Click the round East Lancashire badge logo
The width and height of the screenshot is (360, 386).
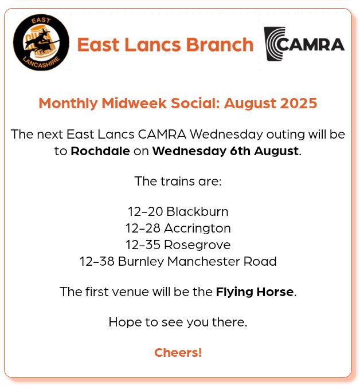click(x=41, y=43)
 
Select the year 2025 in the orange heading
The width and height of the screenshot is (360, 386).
click(x=299, y=104)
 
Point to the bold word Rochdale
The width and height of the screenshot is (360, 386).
click(x=100, y=151)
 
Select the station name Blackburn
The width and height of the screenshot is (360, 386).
click(x=197, y=211)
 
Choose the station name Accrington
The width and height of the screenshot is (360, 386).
click(x=197, y=228)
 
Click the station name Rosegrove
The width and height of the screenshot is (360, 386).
click(x=197, y=245)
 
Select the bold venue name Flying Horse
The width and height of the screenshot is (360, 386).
click(x=255, y=292)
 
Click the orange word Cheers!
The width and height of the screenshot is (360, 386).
click(x=178, y=352)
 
